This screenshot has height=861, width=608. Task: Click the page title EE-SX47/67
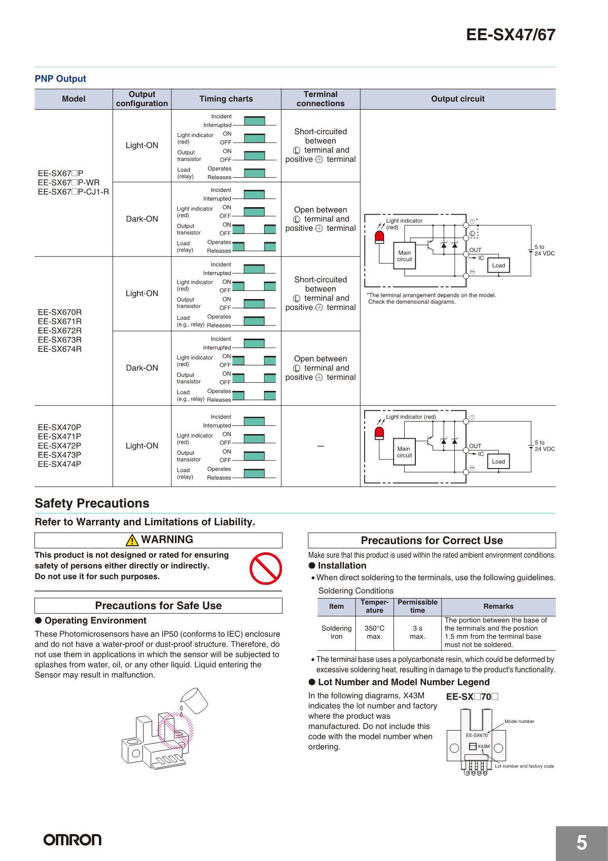click(511, 35)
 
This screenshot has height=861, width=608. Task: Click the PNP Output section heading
click(60, 79)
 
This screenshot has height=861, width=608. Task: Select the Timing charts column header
click(226, 99)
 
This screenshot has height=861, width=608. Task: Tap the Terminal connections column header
click(320, 99)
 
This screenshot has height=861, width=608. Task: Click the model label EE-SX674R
click(60, 349)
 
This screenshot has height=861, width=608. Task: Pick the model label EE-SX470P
click(59, 427)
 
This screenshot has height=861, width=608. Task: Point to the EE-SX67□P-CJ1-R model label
click(74, 191)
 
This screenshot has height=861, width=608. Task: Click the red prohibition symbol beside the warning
click(266, 568)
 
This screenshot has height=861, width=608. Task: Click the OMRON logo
click(73, 840)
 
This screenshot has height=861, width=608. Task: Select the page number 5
click(582, 843)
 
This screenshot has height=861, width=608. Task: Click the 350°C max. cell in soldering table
click(374, 632)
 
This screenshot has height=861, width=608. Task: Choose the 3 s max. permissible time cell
click(417, 632)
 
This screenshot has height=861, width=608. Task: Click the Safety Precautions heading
click(92, 503)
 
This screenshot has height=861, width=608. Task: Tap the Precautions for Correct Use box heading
click(432, 541)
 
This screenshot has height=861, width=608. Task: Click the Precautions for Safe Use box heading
click(158, 606)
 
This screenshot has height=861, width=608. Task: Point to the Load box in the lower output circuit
click(498, 461)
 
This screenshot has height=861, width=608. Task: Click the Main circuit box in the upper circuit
click(405, 256)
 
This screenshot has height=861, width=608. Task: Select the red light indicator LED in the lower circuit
click(379, 433)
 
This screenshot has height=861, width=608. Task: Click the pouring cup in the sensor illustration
click(196, 700)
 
